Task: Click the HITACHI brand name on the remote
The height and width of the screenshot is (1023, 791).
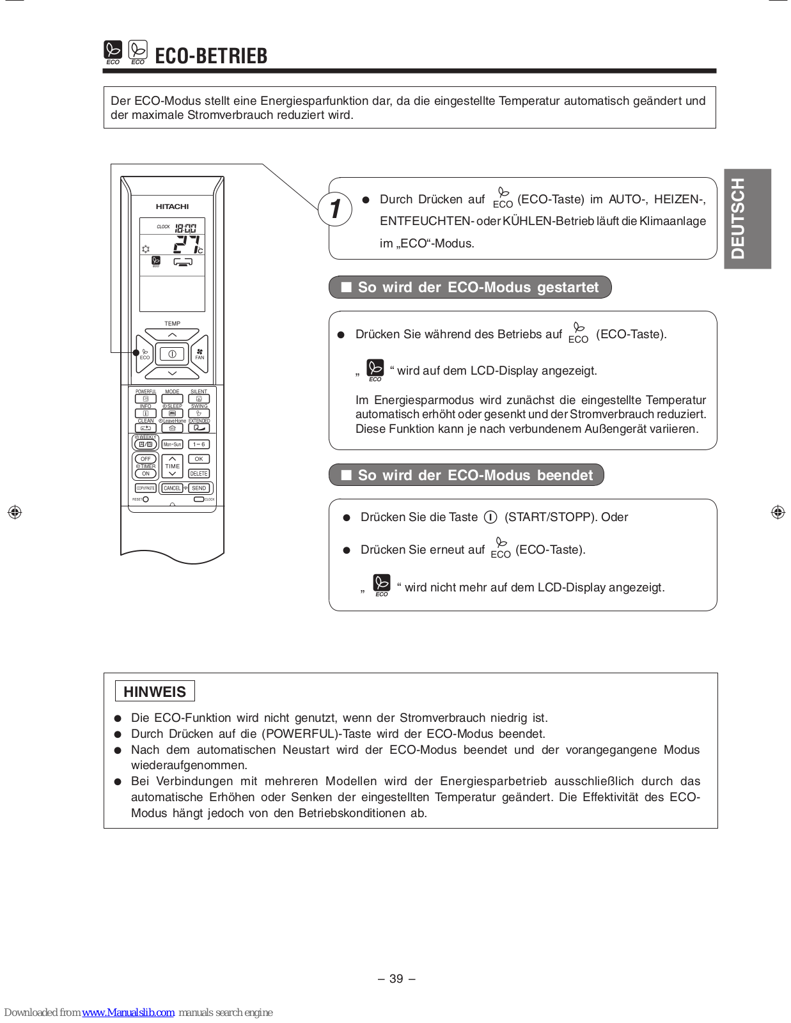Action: click(172, 207)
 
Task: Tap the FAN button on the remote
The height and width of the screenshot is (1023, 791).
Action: click(200, 354)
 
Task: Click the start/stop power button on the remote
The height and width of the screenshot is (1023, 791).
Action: click(172, 354)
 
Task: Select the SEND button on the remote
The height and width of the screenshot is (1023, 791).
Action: click(199, 488)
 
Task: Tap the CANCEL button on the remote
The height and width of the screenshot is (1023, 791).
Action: click(172, 488)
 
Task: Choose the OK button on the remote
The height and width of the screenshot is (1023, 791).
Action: click(199, 459)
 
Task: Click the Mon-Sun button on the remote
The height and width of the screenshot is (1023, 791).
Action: click(172, 444)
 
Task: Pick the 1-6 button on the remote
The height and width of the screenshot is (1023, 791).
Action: click(199, 444)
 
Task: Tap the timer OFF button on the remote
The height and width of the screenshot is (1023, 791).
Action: click(146, 459)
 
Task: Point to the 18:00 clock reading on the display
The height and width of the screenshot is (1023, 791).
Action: click(185, 228)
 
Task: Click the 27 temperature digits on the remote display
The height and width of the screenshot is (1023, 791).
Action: click(187, 244)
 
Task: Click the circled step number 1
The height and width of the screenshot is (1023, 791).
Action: click(335, 209)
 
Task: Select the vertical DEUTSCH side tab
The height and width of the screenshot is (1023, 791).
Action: click(747, 219)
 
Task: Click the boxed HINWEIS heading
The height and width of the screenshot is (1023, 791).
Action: click(155, 691)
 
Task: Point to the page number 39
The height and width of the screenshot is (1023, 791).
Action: click(396, 978)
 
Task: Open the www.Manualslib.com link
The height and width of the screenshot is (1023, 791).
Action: click(128, 1012)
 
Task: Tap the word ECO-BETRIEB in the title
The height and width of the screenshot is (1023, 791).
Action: click(211, 56)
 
